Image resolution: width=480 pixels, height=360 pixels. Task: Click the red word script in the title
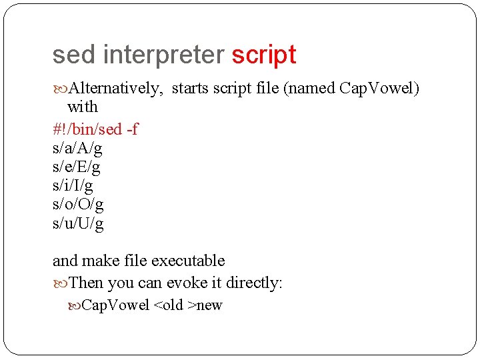pyautogui.click(x=263, y=55)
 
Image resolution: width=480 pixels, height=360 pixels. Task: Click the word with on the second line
pyautogui.click(x=83, y=107)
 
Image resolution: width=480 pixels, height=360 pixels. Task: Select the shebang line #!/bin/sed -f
pyautogui.click(x=95, y=129)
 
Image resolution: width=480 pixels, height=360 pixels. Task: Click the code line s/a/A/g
pyautogui.click(x=77, y=147)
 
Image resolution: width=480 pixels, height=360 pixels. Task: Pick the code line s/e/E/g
pyautogui.click(x=77, y=166)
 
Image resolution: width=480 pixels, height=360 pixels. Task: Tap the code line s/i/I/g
pyautogui.click(x=73, y=185)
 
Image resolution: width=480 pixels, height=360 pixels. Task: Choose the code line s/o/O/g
pyautogui.click(x=78, y=204)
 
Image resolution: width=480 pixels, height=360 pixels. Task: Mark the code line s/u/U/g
pyautogui.click(x=78, y=223)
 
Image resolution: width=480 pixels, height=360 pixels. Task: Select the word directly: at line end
pyautogui.click(x=254, y=283)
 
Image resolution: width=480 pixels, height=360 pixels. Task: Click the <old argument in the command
pyautogui.click(x=169, y=305)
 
